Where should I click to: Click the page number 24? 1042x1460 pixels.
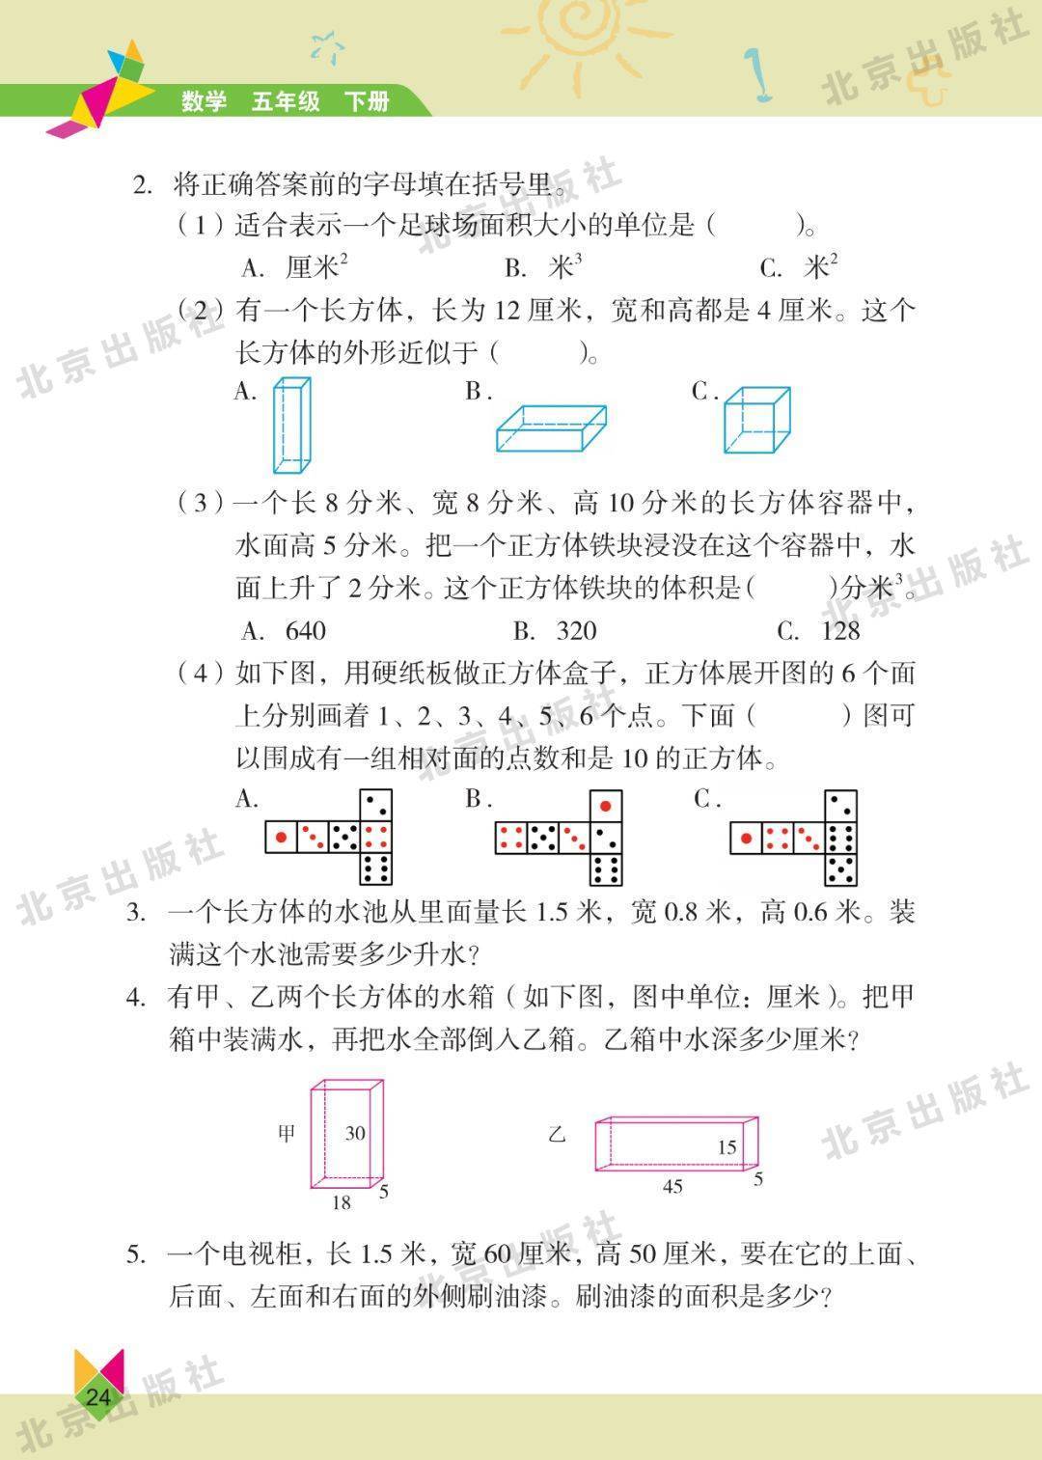click(98, 1396)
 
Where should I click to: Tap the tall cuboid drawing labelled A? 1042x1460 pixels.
click(291, 426)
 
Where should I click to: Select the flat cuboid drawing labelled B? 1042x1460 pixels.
click(551, 428)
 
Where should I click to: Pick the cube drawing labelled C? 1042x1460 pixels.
click(757, 421)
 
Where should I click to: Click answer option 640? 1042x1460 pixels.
click(306, 631)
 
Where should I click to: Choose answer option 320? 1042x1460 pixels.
click(576, 631)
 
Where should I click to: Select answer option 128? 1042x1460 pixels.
click(840, 631)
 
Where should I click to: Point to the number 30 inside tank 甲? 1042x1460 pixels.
click(354, 1133)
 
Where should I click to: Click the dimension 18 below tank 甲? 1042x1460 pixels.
click(341, 1202)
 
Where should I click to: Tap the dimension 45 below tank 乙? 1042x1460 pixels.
click(672, 1186)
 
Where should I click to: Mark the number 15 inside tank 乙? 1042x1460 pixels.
click(727, 1147)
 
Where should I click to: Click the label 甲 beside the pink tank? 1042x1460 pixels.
click(287, 1134)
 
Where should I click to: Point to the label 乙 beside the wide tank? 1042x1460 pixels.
click(557, 1135)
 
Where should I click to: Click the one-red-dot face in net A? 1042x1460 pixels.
click(281, 837)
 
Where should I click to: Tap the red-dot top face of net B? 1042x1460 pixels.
click(606, 807)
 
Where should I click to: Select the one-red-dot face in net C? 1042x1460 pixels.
click(746, 838)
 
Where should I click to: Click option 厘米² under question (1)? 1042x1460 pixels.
click(316, 266)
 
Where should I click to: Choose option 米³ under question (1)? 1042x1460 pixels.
click(565, 266)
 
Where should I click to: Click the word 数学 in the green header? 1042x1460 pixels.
click(204, 101)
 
